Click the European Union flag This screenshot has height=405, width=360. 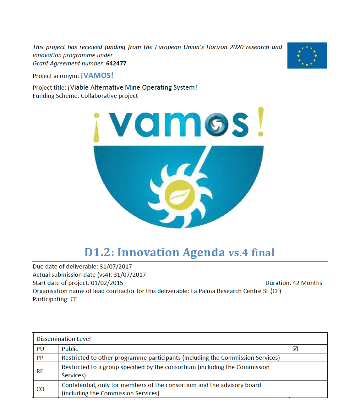coord(307,55)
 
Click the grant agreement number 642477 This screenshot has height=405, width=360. coord(116,64)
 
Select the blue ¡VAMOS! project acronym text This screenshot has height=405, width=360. coord(97,75)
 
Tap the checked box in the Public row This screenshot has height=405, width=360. coord(295,349)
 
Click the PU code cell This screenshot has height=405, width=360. coord(40,349)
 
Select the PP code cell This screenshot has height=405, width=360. coord(40,358)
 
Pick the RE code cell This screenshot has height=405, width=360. coord(40,371)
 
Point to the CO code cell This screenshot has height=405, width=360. coord(41,389)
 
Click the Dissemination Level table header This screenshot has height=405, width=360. coord(63,339)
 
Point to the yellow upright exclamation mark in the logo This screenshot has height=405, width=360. coord(260,122)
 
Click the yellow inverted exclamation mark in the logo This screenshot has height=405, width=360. coord(96,128)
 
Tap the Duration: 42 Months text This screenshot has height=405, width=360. coord(294,283)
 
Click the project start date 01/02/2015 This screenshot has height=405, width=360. coord(107,283)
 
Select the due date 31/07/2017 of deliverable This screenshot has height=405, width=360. coord(116,267)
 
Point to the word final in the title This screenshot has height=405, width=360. coord(263,253)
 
